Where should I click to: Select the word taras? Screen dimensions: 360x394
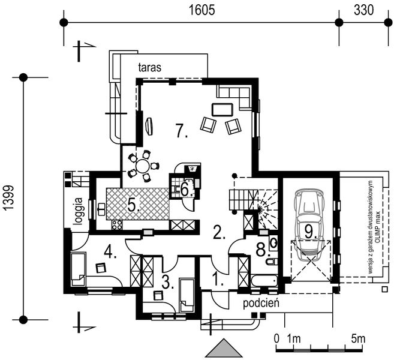click(150, 67)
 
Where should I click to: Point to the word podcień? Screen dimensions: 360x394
click(262, 304)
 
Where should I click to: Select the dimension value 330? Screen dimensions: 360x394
click(363, 10)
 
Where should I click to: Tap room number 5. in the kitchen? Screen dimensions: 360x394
click(134, 205)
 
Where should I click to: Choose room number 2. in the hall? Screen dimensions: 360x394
click(219, 232)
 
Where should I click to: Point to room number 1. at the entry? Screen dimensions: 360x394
click(218, 278)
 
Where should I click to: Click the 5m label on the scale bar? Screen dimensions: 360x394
click(358, 338)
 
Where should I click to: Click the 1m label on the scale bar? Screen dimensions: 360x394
click(294, 338)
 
